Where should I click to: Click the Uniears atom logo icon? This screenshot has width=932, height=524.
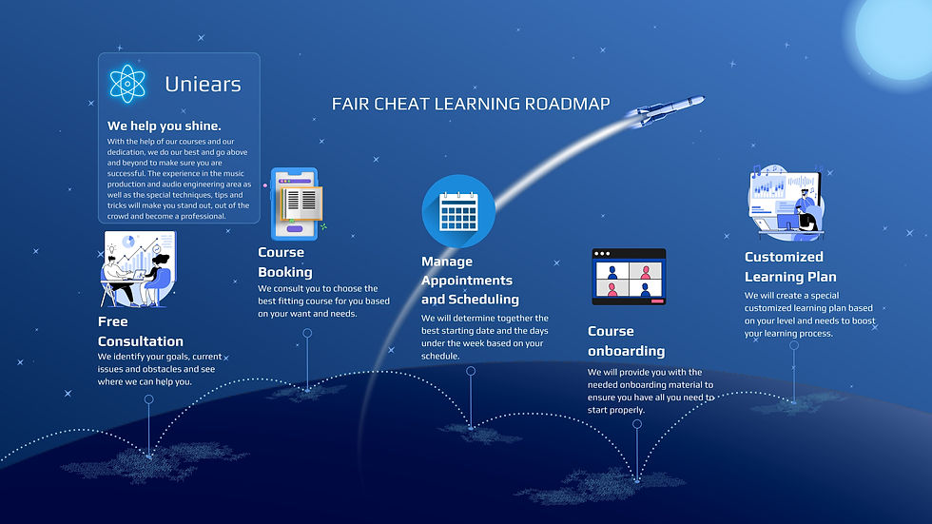127,84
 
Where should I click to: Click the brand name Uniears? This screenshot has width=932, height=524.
203,84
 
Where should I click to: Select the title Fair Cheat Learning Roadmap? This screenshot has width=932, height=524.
471,104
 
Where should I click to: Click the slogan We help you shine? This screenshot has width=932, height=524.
164,126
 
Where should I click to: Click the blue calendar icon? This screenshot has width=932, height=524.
458,211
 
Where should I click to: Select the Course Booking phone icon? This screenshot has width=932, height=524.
296,204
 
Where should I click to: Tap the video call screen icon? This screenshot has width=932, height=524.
629,277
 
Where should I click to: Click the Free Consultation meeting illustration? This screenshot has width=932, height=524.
136,268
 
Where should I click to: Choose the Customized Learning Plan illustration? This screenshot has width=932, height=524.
785,201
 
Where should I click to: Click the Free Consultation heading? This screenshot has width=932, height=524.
140,331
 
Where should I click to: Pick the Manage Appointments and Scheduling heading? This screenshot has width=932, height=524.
470,280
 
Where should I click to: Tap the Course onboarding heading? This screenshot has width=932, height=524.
625,340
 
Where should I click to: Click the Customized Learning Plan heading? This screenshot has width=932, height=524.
790,266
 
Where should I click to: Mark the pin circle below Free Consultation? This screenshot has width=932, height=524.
148,400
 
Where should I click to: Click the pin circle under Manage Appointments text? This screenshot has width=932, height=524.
471,371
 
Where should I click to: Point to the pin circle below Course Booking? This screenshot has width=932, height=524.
307,333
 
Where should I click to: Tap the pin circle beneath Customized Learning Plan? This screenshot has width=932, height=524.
794,345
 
